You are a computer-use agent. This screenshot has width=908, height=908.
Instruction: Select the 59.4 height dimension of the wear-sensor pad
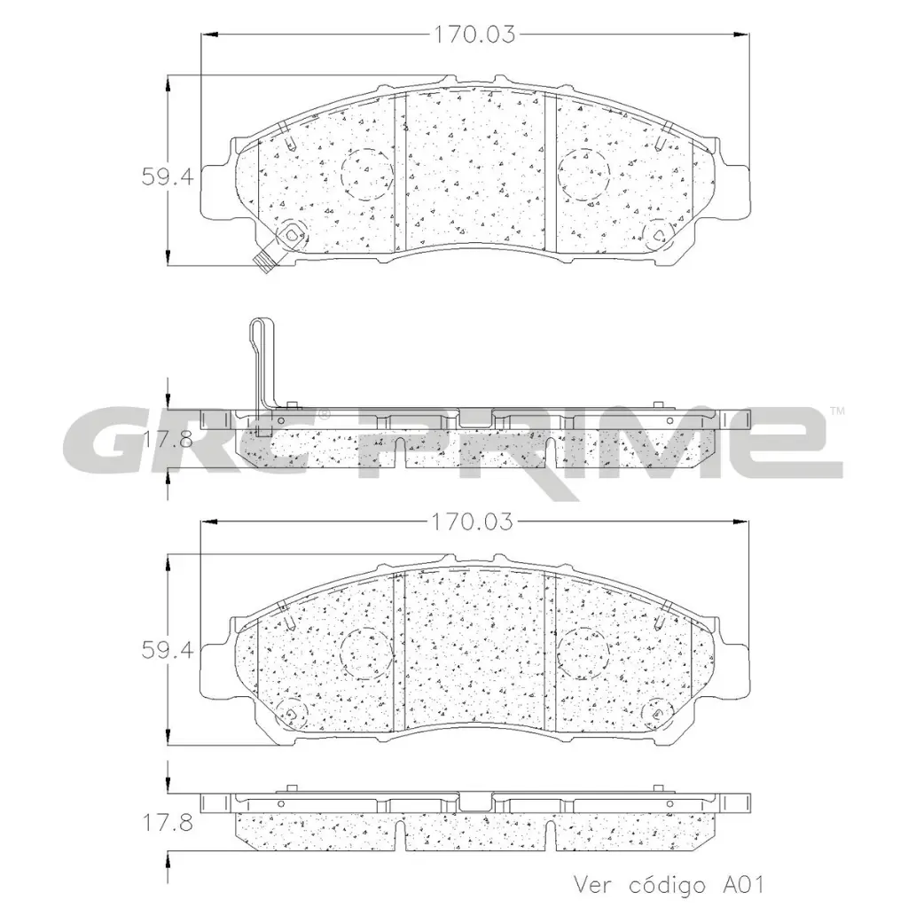pyautogui.click(x=167, y=176)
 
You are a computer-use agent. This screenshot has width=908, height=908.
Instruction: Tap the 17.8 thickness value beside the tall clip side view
pyautogui.click(x=167, y=437)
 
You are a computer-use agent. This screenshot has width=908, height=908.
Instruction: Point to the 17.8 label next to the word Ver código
pyautogui.click(x=167, y=823)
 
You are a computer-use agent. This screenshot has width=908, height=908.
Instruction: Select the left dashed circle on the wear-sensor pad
pyautogui.click(x=367, y=172)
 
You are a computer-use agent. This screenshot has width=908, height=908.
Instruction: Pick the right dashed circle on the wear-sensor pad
pyautogui.click(x=583, y=172)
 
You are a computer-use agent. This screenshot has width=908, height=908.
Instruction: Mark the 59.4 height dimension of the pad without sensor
pyautogui.click(x=167, y=650)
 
